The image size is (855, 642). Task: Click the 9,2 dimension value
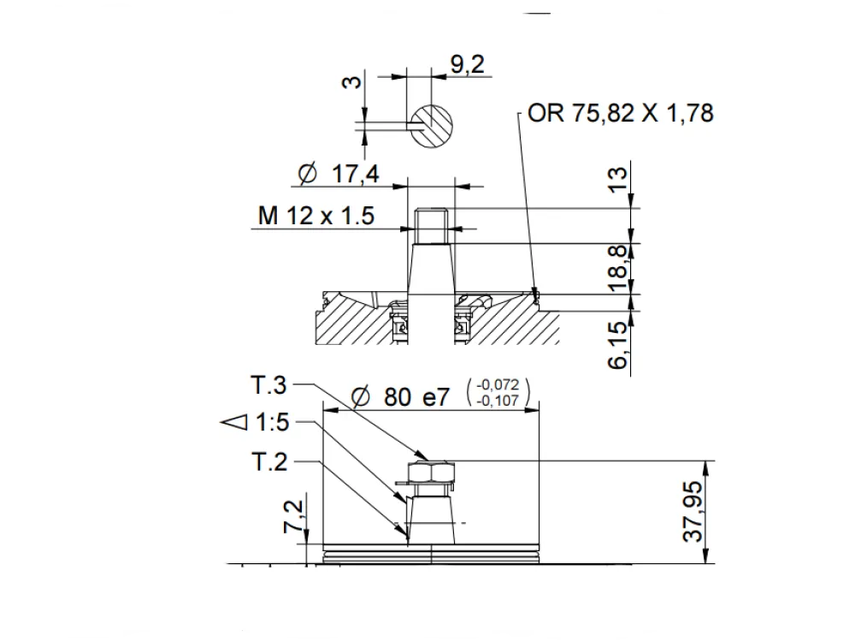[468, 64]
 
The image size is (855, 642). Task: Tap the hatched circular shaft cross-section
[431, 126]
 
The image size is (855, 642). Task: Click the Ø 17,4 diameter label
[338, 174]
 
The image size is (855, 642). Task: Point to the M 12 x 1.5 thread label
[316, 216]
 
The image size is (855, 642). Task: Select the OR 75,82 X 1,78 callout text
[621, 113]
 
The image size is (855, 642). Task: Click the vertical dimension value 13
[617, 180]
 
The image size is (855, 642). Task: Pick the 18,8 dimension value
[618, 269]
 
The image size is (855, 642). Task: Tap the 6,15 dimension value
[618, 345]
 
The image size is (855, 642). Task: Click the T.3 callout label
[268, 385]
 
